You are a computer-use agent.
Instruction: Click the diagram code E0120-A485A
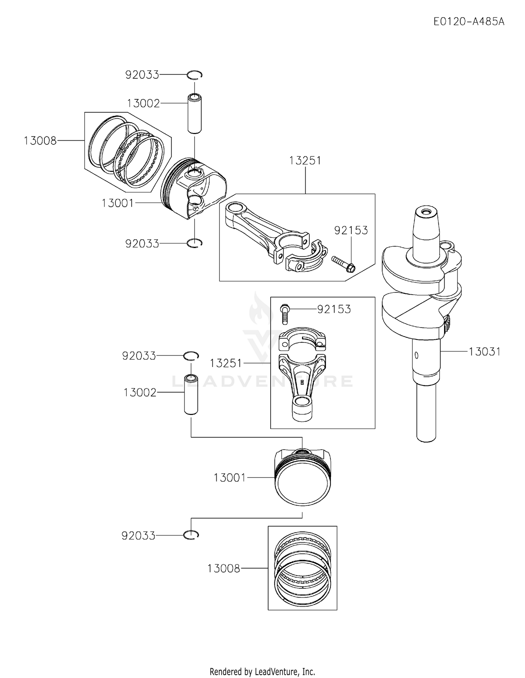(469, 22)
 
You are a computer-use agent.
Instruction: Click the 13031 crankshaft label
(485, 351)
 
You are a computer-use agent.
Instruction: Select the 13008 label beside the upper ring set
(40, 141)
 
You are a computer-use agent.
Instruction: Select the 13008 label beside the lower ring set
(224, 568)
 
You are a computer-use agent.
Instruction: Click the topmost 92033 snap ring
(195, 75)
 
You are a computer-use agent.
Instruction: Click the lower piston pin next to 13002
(191, 395)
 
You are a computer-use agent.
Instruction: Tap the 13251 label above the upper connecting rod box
(305, 161)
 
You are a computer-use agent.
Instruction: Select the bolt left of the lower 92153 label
(284, 314)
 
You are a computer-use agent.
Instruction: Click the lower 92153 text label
(334, 309)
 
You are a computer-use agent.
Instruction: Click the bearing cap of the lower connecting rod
(302, 338)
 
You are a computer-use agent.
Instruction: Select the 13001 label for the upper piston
(118, 203)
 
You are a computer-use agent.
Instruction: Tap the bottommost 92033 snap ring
(191, 535)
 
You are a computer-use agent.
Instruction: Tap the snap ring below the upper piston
(195, 243)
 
